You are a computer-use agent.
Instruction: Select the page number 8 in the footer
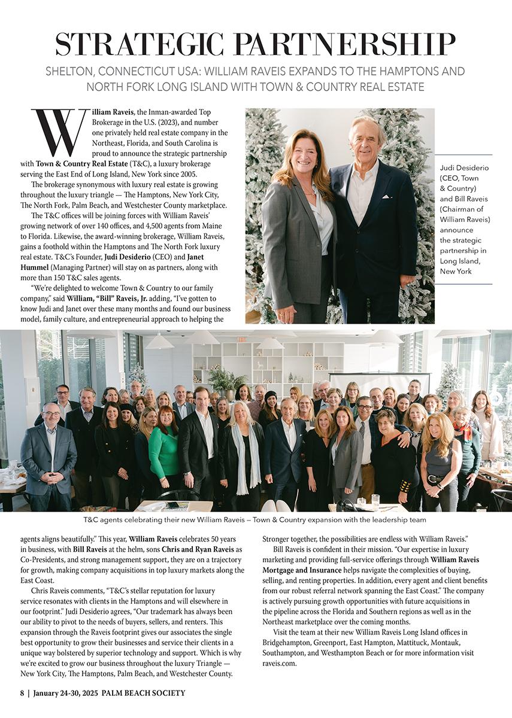22,693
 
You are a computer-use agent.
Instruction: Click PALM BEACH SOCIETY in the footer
143,693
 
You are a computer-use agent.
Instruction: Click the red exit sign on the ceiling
241,339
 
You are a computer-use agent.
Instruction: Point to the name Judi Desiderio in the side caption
465,168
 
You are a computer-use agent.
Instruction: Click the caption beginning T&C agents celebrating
255,521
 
